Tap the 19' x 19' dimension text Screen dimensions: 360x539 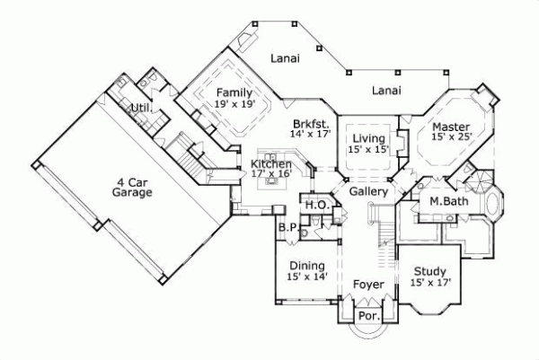(235, 104)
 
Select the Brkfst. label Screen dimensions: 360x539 (309, 123)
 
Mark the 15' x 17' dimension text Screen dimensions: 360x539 (431, 283)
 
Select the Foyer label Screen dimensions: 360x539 (368, 285)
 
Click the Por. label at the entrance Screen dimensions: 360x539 (367, 316)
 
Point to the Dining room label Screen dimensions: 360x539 (307, 266)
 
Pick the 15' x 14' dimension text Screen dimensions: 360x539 (307, 277)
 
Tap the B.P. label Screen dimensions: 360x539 (287, 228)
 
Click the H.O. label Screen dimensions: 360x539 (315, 206)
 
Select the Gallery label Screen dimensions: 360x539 (368, 192)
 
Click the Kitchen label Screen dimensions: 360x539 (271, 164)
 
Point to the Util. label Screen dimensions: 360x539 (140, 110)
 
